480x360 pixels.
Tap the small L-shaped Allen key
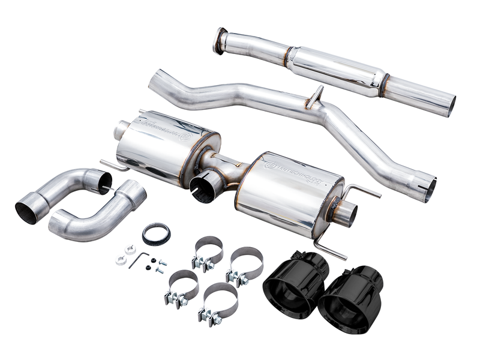(140, 259)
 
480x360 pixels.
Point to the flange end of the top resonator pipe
(221, 40)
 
